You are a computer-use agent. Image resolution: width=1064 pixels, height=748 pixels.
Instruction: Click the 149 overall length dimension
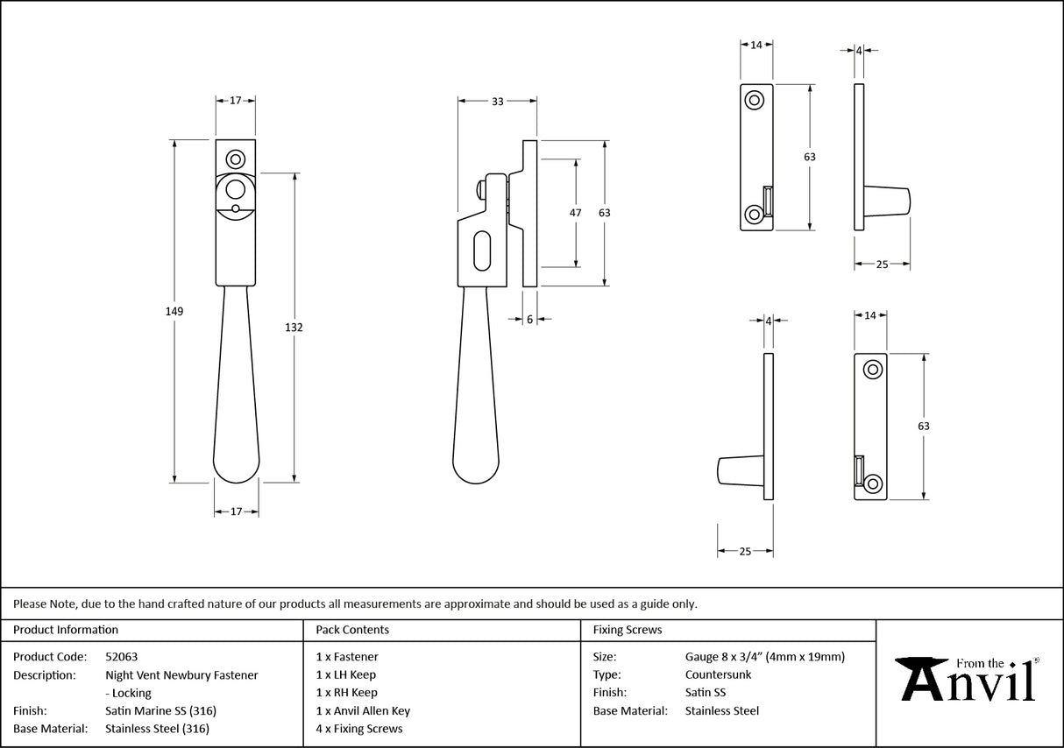click(174, 311)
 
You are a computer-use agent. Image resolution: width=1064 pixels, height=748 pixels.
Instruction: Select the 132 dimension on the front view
click(294, 327)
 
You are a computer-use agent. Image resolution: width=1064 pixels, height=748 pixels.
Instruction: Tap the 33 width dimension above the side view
click(497, 102)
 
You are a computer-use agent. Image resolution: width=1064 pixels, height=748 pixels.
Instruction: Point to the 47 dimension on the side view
click(576, 213)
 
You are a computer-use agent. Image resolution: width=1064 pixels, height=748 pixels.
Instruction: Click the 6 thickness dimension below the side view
click(529, 320)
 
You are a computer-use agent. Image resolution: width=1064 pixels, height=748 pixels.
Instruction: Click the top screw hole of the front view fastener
click(235, 159)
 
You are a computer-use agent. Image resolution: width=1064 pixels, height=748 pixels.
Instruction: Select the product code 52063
click(121, 656)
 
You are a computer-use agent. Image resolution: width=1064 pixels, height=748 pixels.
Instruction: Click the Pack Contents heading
click(352, 630)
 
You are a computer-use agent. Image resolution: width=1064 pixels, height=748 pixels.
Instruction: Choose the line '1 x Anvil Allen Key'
click(363, 711)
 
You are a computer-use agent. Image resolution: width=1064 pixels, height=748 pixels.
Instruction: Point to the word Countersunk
click(718, 674)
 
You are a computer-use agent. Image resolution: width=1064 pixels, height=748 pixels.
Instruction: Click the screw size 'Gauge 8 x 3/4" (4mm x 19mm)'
click(764, 656)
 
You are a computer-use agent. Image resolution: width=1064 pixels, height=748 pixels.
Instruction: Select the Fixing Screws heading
click(628, 630)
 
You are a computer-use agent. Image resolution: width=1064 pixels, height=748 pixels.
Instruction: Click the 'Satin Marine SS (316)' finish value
click(160, 711)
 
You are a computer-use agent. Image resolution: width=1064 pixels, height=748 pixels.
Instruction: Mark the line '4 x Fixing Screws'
click(359, 729)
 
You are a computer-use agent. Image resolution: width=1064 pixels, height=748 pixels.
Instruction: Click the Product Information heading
click(66, 630)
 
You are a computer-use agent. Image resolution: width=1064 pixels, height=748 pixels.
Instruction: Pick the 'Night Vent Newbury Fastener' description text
click(181, 674)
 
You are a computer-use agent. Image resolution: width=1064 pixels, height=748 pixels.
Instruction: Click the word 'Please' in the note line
click(30, 603)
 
